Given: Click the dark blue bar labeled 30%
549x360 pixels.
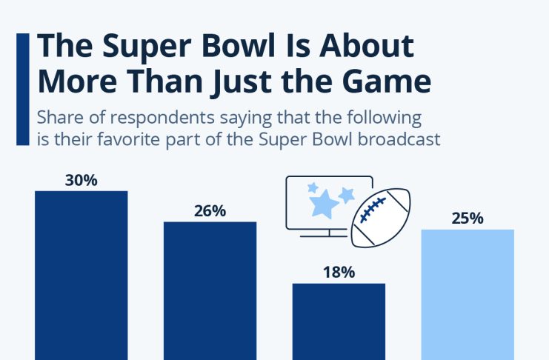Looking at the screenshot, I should (x=81, y=274).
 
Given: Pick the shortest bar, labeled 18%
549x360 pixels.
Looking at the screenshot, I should (x=339, y=321).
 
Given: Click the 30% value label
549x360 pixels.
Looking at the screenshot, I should (x=81, y=180).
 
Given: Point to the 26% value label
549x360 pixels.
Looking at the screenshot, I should (x=210, y=211).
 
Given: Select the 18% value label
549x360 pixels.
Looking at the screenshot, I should (x=339, y=272).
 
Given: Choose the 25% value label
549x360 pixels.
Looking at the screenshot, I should (x=468, y=218).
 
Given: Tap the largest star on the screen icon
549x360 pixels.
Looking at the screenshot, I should (x=324, y=204).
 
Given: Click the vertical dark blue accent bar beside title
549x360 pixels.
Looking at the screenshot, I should (x=22, y=89).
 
